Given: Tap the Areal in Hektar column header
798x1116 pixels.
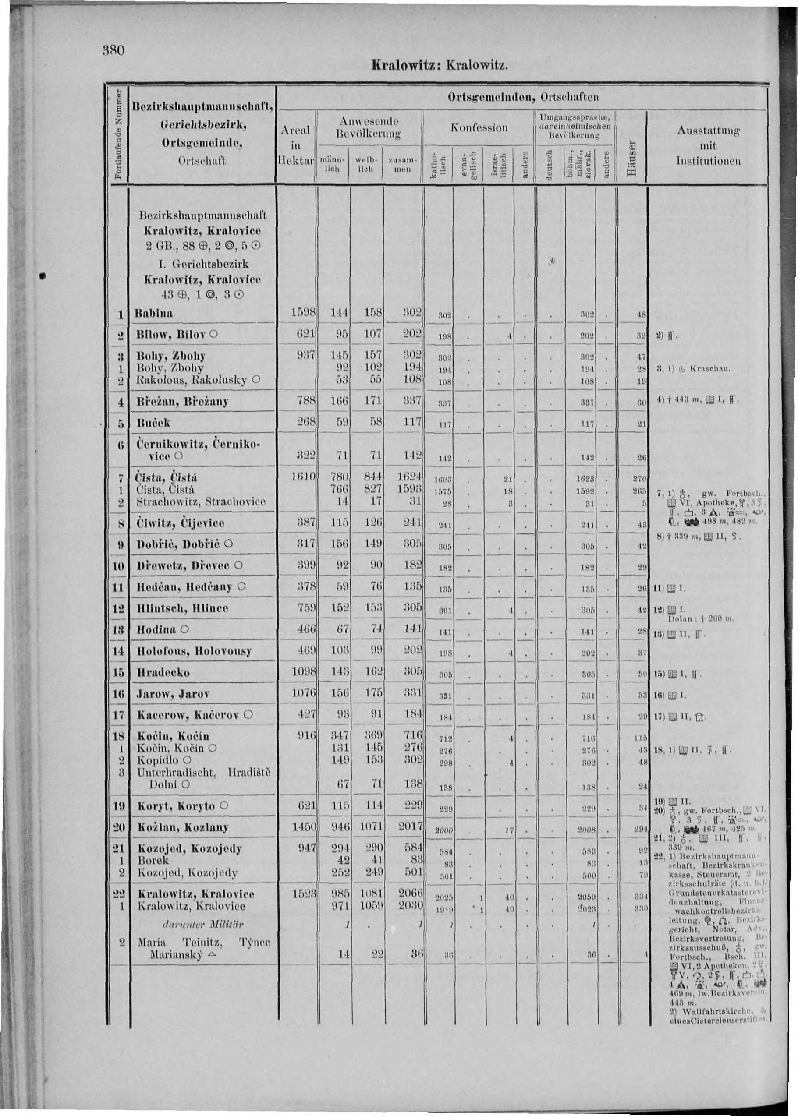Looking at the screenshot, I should point(296,146).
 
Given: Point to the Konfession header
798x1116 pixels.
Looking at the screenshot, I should point(479,127).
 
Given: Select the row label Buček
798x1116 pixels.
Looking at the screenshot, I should point(153,422).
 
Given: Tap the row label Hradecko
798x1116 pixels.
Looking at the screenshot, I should point(163,672).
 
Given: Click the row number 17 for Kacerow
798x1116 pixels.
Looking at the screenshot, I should point(118,715).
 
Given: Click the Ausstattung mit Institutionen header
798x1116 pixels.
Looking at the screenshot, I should point(708,146).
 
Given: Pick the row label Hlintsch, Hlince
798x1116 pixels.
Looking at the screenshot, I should point(183,608).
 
